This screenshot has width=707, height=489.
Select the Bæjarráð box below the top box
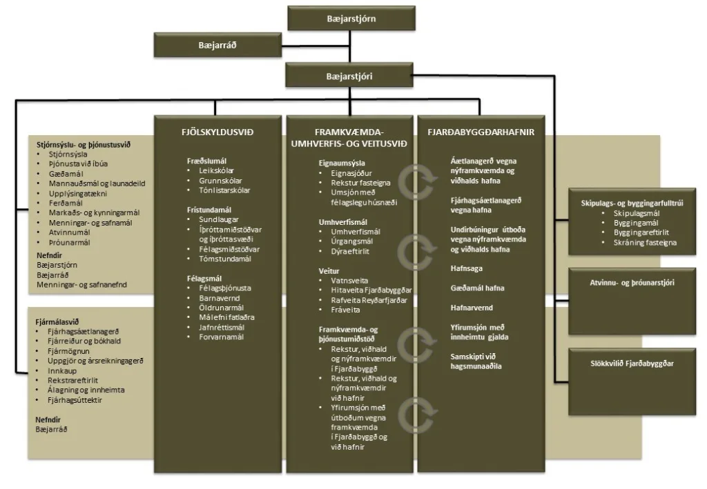[x=217, y=46]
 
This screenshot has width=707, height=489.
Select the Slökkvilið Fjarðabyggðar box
[x=632, y=363]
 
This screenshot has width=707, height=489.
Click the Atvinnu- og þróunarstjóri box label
[x=632, y=283]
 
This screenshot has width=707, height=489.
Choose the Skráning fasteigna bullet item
[x=645, y=243]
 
